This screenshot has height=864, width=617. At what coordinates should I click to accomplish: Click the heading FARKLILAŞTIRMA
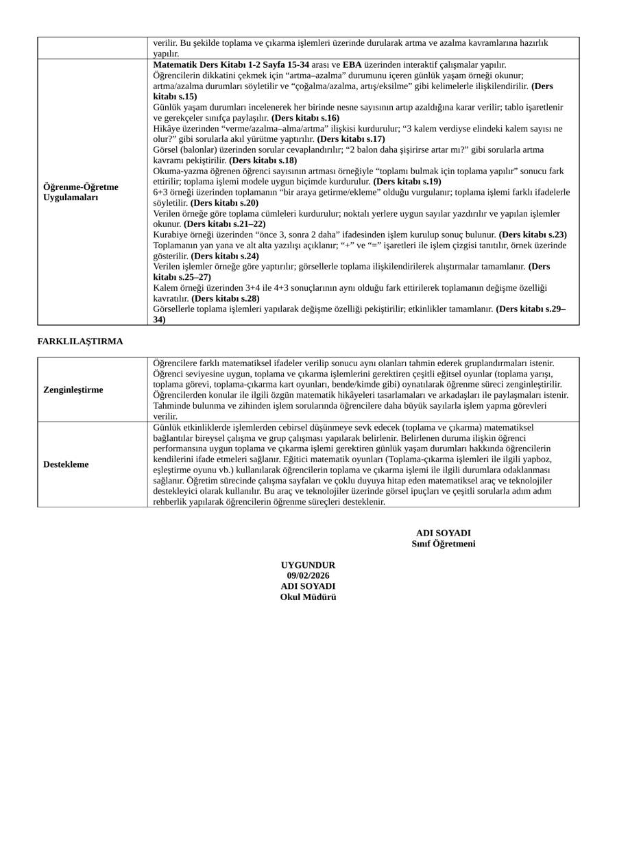(x=80, y=341)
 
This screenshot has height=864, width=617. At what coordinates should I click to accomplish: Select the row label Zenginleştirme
(x=73, y=389)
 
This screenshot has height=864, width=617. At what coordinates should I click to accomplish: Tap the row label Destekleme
(x=66, y=464)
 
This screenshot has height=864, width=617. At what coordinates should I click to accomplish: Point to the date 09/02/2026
(x=308, y=576)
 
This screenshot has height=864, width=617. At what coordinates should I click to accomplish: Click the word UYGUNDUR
(x=308, y=565)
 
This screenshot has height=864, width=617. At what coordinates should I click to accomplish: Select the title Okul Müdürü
(x=308, y=597)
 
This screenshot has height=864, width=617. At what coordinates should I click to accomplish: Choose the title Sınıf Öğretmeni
(x=443, y=544)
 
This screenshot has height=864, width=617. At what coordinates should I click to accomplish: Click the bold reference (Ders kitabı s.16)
(x=305, y=118)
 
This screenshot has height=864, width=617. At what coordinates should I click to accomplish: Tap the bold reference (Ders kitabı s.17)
(x=351, y=139)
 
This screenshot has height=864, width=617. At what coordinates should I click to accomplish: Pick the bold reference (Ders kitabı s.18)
(x=263, y=160)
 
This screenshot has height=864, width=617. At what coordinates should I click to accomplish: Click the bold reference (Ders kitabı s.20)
(x=225, y=203)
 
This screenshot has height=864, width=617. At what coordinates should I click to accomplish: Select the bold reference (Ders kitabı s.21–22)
(x=224, y=224)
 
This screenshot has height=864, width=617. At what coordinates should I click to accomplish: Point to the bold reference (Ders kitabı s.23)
(x=533, y=235)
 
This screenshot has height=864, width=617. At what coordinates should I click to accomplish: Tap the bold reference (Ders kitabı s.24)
(x=226, y=256)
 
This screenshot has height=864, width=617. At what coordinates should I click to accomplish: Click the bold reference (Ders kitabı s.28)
(x=226, y=298)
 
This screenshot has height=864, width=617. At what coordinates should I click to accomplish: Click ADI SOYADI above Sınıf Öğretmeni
(x=443, y=533)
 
